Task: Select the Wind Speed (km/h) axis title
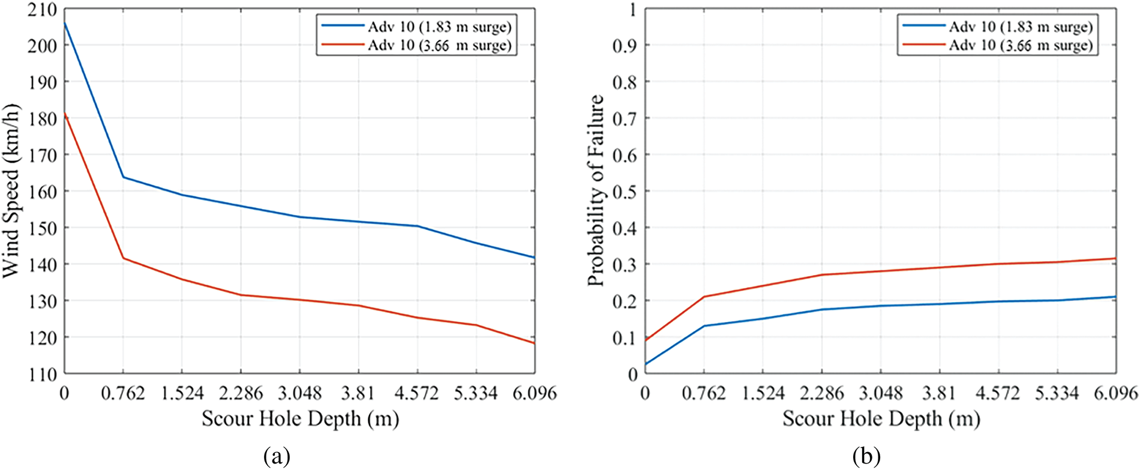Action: point(12,191)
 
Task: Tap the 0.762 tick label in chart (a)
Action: point(123,394)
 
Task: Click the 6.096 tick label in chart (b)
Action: point(1115,394)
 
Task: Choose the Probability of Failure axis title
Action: point(595,191)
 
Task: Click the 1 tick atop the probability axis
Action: point(632,10)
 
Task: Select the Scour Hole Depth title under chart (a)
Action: point(300,419)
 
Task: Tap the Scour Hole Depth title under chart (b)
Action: point(881,419)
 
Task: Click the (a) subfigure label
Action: point(277,457)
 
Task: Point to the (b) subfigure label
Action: point(866,457)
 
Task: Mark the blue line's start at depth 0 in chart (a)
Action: point(65,23)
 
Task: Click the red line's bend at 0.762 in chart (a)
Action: point(124,258)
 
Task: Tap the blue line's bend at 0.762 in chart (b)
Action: point(704,326)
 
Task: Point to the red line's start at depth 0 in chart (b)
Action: point(646,340)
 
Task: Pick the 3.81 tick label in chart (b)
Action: point(939,394)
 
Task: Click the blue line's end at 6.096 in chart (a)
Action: point(534,258)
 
